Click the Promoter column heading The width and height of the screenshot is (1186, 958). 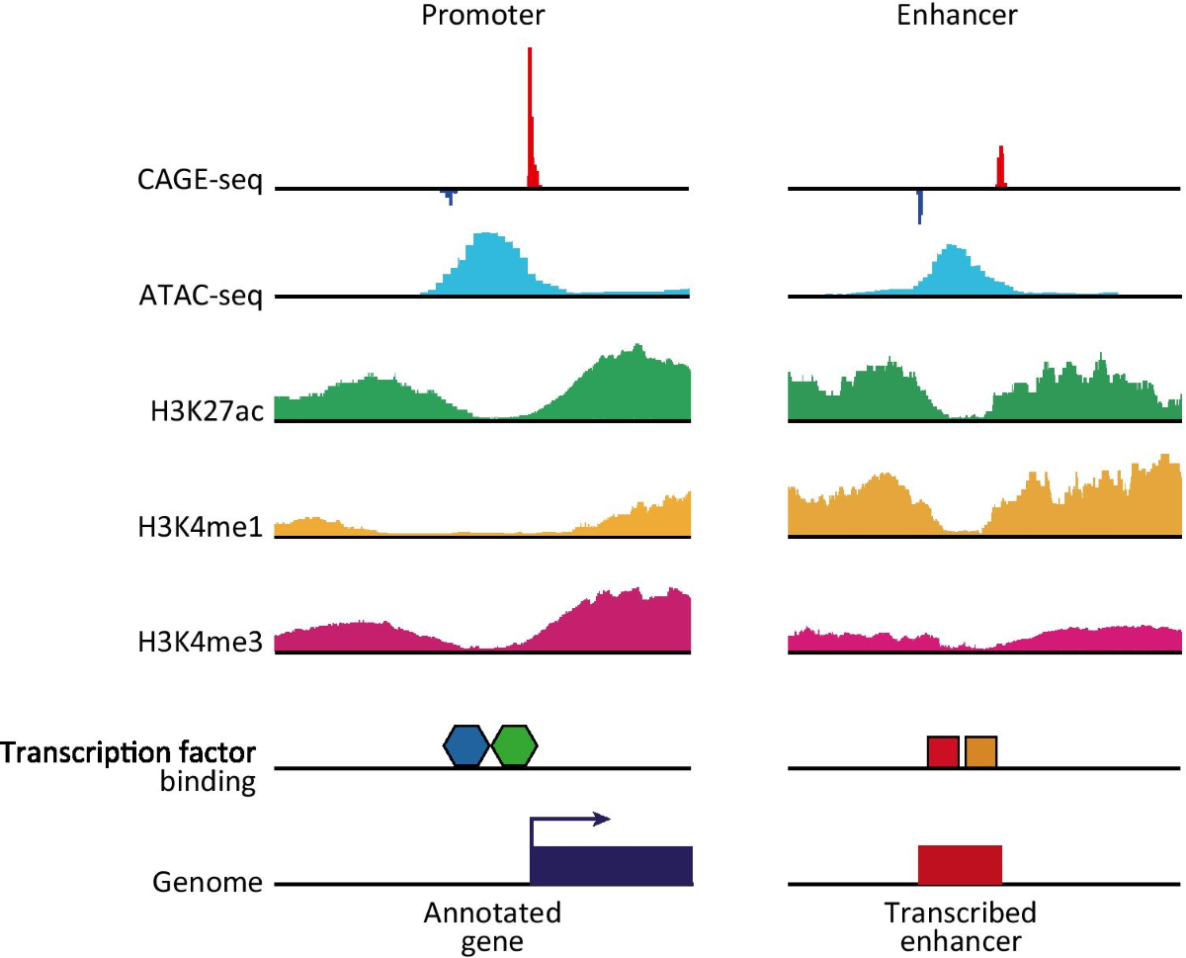481,16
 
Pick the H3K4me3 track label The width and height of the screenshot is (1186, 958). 202,644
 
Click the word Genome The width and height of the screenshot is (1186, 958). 208,882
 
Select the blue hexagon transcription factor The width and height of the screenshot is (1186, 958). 466,745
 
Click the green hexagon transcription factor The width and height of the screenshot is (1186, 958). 514,745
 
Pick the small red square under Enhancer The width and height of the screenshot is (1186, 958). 943,752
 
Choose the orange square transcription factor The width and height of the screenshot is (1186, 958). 980,752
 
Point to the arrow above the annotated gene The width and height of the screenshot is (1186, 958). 571,820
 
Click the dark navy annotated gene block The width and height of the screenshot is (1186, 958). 611,865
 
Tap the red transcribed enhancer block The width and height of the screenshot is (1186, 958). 960,865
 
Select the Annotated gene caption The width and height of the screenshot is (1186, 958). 492,925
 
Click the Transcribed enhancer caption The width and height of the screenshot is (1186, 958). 960,925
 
